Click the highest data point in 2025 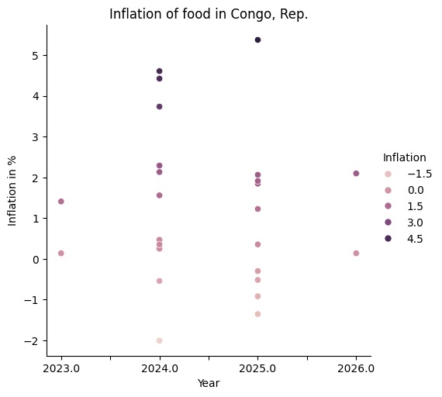[x=257, y=40]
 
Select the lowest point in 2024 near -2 [x=159, y=340]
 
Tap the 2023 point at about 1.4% [x=60, y=202]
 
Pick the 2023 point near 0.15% [x=60, y=253]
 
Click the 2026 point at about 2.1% [x=356, y=173]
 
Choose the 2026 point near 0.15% [x=356, y=253]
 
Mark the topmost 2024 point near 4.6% [x=159, y=71]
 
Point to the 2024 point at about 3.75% [x=159, y=106]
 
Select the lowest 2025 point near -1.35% [x=257, y=314]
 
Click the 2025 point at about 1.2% [x=257, y=209]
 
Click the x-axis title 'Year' [x=209, y=383]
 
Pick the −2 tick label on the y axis [x=33, y=340]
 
